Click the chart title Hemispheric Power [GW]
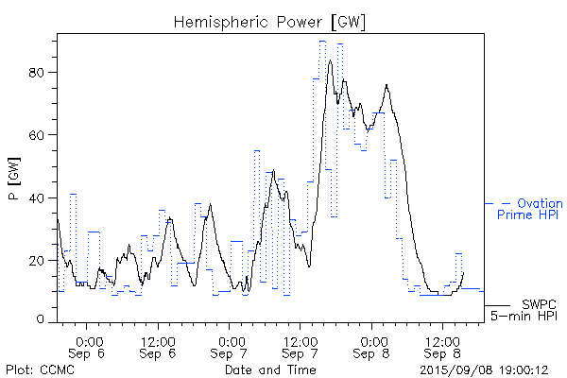269,21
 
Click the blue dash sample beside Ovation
490,203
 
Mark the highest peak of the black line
330,60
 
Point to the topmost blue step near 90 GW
322,41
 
